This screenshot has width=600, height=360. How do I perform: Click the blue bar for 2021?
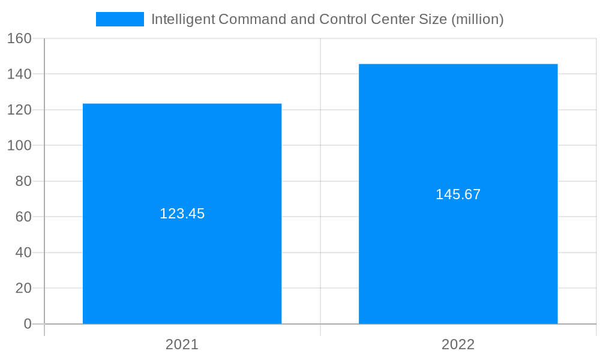tap(182, 252)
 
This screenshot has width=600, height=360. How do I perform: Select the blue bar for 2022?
tap(458, 252)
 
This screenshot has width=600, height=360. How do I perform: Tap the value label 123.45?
tap(182, 214)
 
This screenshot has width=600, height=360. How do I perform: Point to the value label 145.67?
tap(458, 194)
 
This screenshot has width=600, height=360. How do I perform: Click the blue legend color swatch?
tap(120, 19)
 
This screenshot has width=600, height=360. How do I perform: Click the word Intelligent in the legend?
tap(182, 19)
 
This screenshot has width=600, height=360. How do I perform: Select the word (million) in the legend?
tap(477, 19)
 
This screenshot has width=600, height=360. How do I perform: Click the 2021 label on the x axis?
tap(182, 344)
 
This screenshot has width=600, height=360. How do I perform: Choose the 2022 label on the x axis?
tap(458, 344)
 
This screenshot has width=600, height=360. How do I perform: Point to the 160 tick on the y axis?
tap(19, 38)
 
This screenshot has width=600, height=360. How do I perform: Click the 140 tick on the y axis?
tap(19, 74)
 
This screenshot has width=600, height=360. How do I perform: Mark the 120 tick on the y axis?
tap(19, 110)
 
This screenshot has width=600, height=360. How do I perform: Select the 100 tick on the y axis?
tap(19, 146)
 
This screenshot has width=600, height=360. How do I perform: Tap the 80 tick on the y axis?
tap(23, 181)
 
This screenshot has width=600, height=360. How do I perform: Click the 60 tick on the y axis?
tap(23, 217)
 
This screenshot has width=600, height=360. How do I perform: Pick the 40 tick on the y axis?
tap(23, 253)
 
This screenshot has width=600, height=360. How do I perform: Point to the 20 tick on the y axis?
tap(23, 288)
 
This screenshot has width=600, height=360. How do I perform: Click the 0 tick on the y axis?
tap(27, 324)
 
